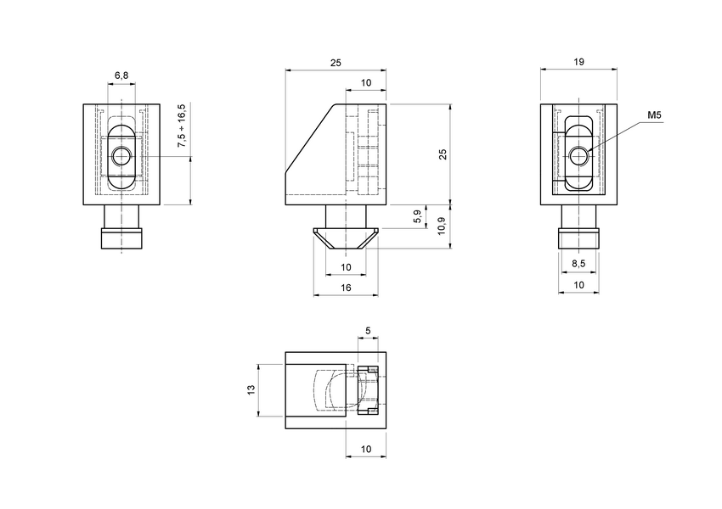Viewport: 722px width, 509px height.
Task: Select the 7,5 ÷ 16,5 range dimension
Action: pos(181,126)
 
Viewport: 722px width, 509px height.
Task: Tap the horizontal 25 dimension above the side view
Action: pos(336,64)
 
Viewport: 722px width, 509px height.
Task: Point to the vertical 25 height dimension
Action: pos(442,154)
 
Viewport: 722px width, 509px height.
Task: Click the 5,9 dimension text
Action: pos(415,217)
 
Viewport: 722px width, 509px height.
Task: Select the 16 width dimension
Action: pos(346,288)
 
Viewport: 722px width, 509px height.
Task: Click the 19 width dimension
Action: pos(578,64)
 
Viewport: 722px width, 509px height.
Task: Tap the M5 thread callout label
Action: pos(654,115)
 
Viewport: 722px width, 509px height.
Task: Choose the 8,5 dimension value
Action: pos(578,265)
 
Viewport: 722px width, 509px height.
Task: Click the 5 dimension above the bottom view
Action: pos(367,330)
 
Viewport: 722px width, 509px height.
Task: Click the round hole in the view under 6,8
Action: pos(121,156)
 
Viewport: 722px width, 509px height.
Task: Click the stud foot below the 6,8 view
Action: pos(121,238)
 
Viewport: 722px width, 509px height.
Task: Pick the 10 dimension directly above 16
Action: pos(346,267)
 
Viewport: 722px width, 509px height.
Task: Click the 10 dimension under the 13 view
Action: pos(366,448)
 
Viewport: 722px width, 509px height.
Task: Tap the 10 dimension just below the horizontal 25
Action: pos(366,82)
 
